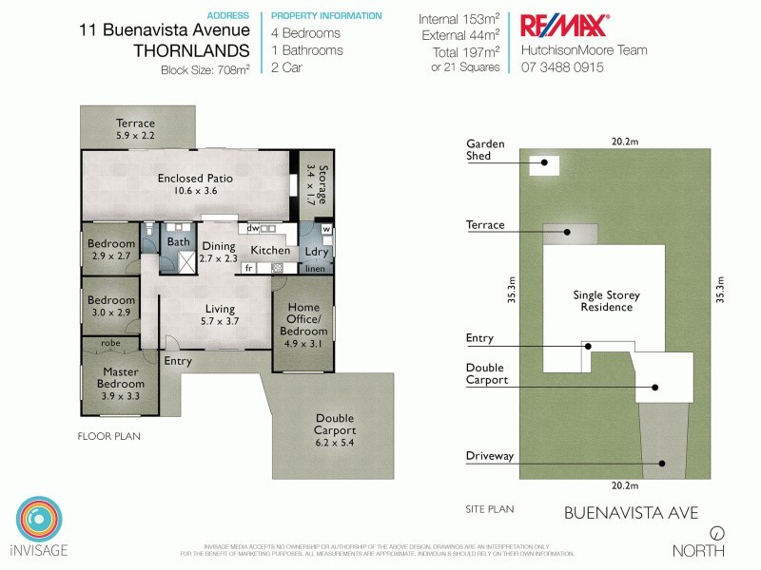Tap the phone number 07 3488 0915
coord(562,67)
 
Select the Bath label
coord(179,242)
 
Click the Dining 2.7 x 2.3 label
coord(218,252)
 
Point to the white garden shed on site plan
coord(545,163)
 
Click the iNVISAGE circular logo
coord(38,519)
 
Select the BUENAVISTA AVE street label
coord(631,514)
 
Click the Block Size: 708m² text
coord(205,69)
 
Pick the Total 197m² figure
coord(460,51)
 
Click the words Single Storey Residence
coord(602,301)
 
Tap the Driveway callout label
coord(490,456)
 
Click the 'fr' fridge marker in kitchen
coord(248,269)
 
